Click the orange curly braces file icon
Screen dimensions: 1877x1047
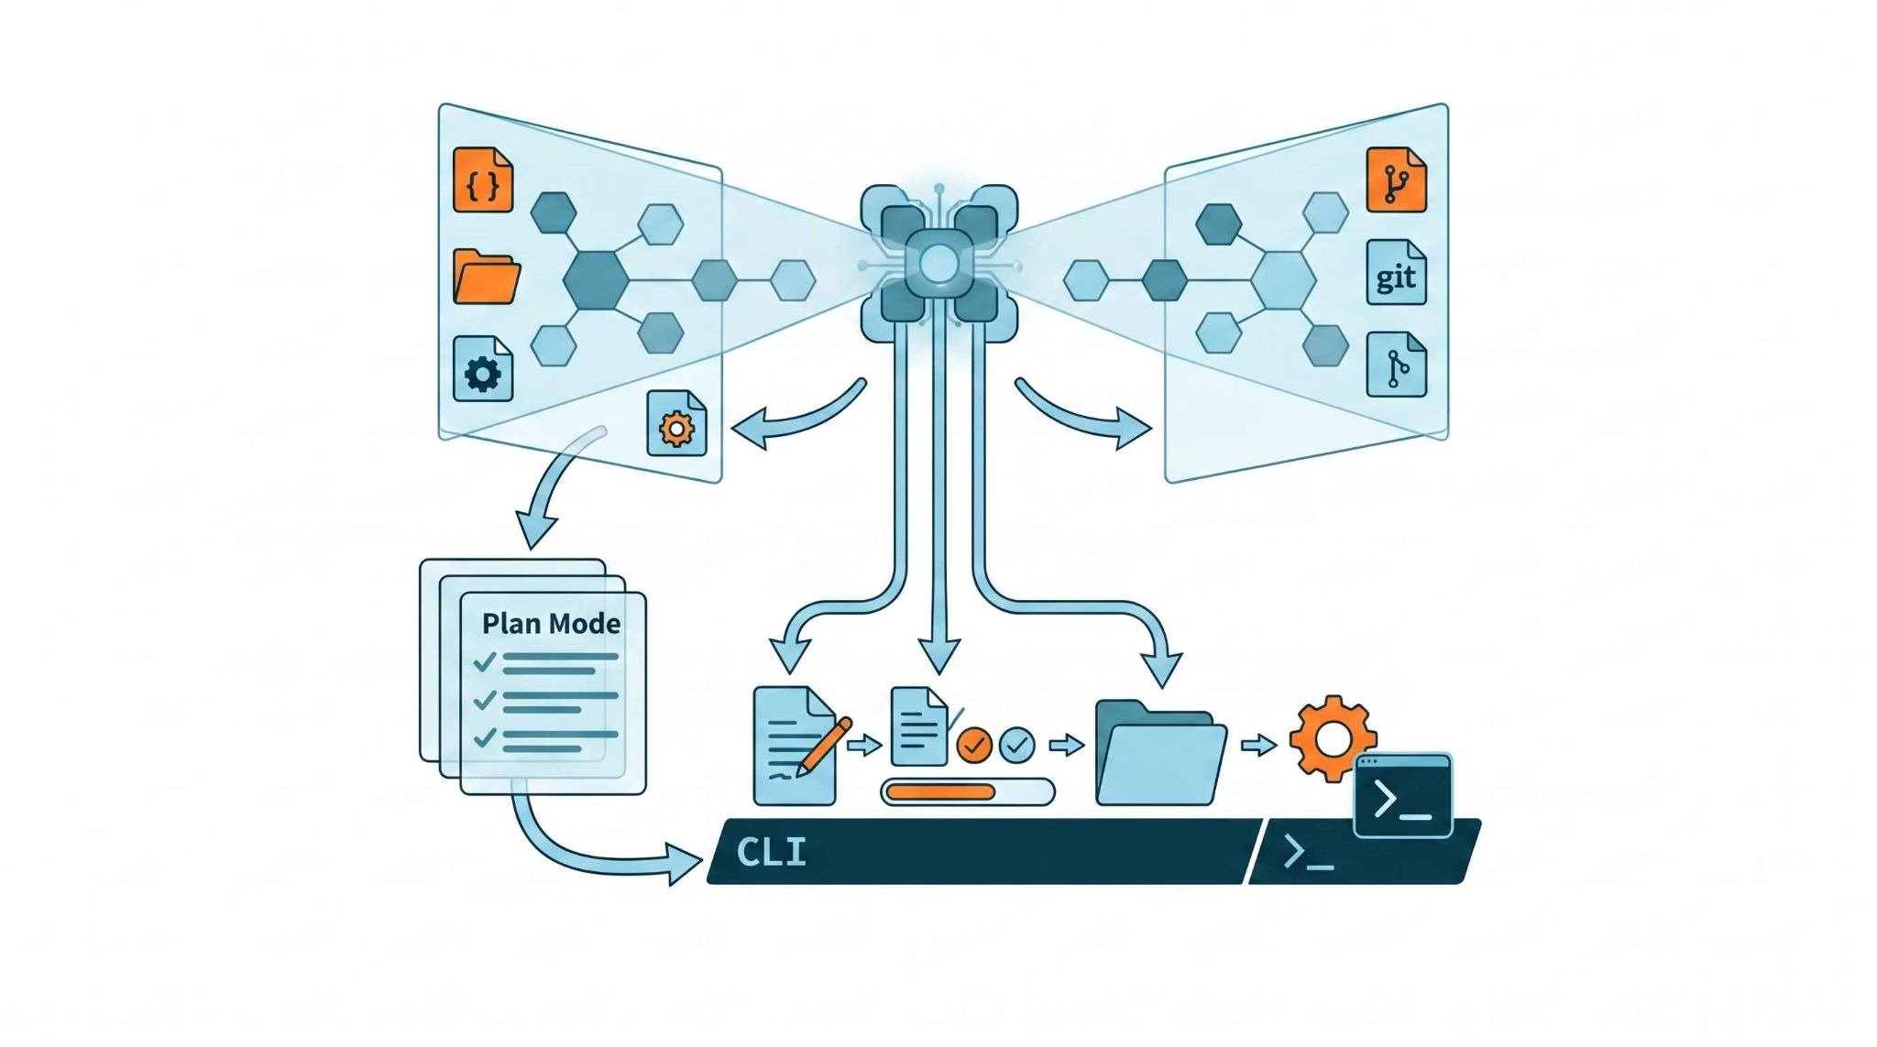[x=483, y=180]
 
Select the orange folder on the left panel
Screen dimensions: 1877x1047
[x=487, y=277]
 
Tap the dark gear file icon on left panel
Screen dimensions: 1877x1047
[x=483, y=369]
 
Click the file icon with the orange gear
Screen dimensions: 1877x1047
[x=676, y=423]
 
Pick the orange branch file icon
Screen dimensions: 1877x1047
[x=1396, y=180]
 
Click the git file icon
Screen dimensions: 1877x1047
[x=1396, y=272]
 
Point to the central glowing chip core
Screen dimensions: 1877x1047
[x=938, y=266]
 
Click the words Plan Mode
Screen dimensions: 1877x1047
[x=551, y=624]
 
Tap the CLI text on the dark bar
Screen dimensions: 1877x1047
[x=771, y=853]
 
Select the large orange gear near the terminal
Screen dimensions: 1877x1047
[x=1331, y=738]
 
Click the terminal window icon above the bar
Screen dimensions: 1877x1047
[x=1403, y=795]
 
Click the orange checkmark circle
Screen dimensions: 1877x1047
[x=974, y=746]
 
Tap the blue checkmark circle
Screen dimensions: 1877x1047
[x=1016, y=746]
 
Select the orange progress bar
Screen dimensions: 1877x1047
[x=941, y=791]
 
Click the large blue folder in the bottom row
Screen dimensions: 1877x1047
[x=1161, y=753]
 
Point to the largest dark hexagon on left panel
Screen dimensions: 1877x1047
[x=597, y=279]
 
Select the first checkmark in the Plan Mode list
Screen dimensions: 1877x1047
[x=485, y=661]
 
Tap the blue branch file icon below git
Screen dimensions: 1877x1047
[x=1396, y=365]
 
